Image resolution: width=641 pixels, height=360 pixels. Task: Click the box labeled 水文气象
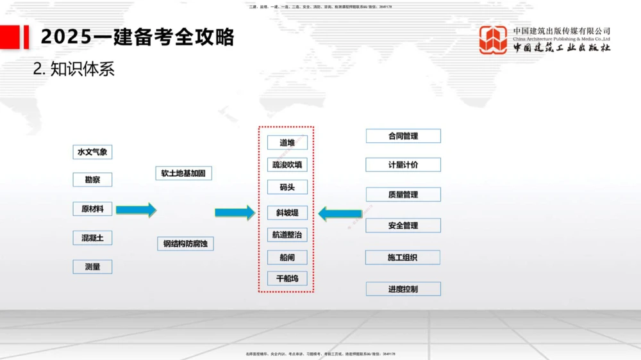click(92, 152)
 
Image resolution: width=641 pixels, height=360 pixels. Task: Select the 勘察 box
click(92, 180)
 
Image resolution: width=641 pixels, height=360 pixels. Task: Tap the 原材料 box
click(92, 209)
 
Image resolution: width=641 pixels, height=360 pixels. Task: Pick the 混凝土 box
click(92, 238)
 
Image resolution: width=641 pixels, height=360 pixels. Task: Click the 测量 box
click(92, 266)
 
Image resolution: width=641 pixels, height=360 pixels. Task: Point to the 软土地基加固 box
click(183, 174)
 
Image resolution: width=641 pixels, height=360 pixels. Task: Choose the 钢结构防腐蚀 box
click(185, 243)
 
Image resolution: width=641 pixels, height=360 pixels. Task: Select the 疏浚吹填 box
click(287, 165)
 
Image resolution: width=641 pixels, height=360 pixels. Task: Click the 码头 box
click(287, 188)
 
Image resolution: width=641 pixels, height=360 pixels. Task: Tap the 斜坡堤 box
click(287, 213)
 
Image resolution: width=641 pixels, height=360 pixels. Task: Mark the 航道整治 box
click(287, 235)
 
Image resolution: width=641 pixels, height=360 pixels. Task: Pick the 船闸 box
click(287, 258)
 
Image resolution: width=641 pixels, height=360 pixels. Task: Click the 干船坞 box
click(287, 279)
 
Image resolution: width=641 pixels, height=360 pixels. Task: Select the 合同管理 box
click(403, 136)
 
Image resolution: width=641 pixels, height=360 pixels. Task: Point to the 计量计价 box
click(403, 165)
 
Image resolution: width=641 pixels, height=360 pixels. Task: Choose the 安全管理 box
click(403, 225)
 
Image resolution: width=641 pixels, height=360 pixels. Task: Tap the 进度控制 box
click(403, 289)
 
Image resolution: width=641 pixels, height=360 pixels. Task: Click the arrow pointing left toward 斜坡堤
click(340, 213)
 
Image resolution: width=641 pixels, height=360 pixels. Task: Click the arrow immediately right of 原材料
click(135, 209)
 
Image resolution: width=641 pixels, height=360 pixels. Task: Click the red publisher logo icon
click(494, 40)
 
